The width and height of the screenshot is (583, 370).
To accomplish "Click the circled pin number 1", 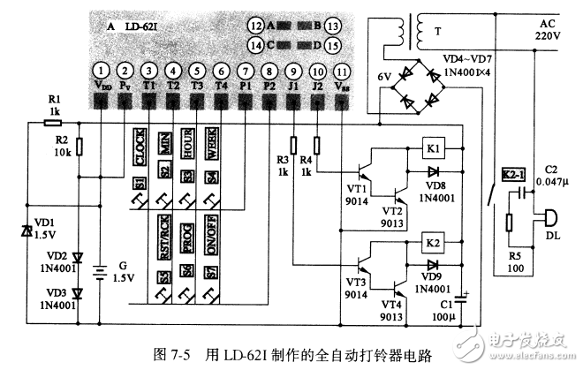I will [x=102, y=70].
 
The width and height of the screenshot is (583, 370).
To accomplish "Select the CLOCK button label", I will [x=140, y=149].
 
